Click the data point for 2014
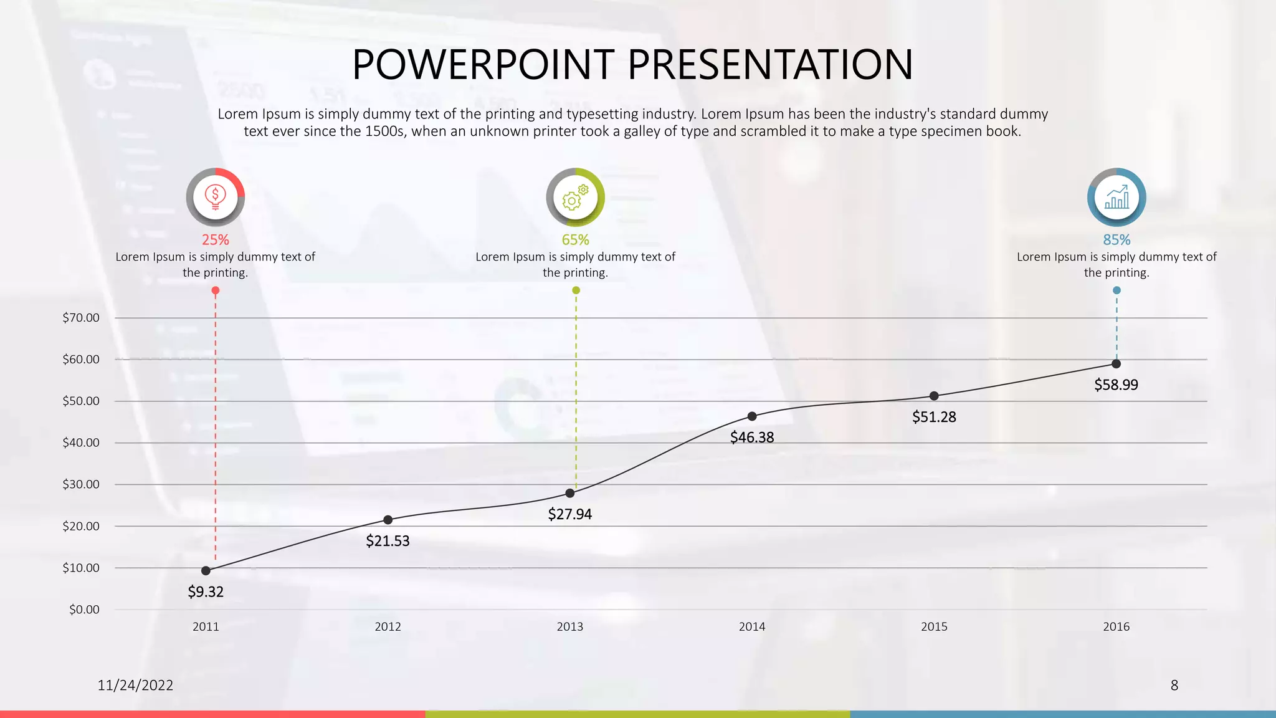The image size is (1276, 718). click(x=752, y=416)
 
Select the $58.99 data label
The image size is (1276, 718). click(x=1116, y=385)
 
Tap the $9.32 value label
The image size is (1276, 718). click(x=206, y=591)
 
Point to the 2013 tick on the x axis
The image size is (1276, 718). click(x=569, y=626)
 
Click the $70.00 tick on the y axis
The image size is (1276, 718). click(x=81, y=318)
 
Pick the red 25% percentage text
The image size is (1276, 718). click(x=216, y=239)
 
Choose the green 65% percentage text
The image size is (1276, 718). click(x=575, y=239)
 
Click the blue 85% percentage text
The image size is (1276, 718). click(x=1116, y=239)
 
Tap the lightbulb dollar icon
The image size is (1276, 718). click(x=216, y=197)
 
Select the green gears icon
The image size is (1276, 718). click(x=575, y=197)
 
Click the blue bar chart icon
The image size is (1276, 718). click(x=1116, y=197)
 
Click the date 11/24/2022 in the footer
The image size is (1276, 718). click(x=135, y=685)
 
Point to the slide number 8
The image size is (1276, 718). click(x=1174, y=685)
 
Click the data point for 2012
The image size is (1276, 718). click(x=388, y=520)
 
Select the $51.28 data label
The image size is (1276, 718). click(x=934, y=417)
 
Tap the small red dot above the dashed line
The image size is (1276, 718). click(x=216, y=290)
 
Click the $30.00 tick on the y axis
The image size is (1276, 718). click(x=81, y=484)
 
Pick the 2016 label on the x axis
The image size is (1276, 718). click(x=1116, y=626)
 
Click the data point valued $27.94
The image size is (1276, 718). click(x=569, y=493)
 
